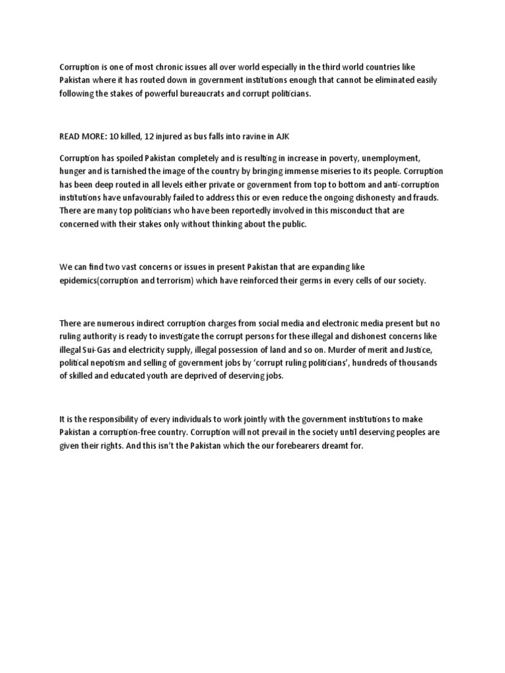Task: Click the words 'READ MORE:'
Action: (81, 135)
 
